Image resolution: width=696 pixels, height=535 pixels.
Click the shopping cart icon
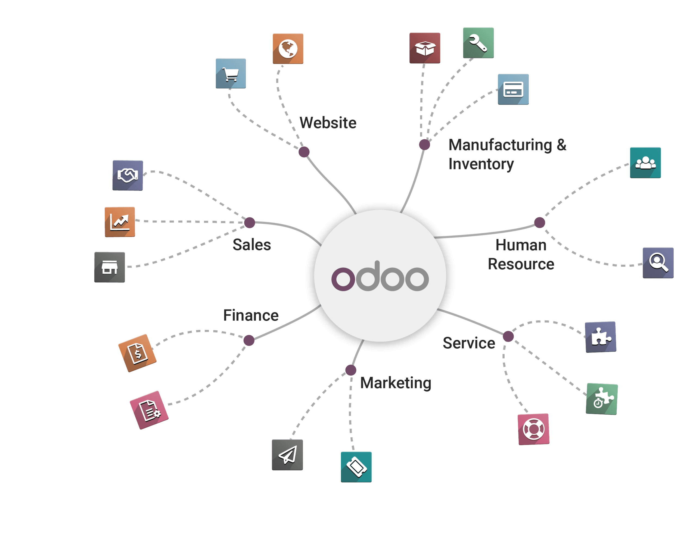[231, 74]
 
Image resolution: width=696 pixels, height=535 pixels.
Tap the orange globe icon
[288, 49]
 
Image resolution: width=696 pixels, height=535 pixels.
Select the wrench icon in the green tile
[478, 43]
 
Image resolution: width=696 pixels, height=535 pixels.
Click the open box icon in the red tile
[425, 48]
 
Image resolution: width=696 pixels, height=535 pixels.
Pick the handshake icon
[128, 176]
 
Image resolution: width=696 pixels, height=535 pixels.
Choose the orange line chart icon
[120, 222]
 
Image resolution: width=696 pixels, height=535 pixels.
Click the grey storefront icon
[110, 267]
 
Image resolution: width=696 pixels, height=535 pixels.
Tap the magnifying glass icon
[658, 263]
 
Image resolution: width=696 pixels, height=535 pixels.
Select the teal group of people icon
[645, 163]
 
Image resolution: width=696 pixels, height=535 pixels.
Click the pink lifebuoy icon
[533, 429]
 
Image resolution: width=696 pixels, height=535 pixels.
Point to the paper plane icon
[287, 455]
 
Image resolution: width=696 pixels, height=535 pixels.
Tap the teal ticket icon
[356, 467]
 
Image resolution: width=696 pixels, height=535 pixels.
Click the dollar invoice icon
[137, 353]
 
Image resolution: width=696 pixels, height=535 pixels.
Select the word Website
[328, 123]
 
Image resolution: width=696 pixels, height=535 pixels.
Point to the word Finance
[251, 315]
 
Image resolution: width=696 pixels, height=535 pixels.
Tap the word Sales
[252, 245]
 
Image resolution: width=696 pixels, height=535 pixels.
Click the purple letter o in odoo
[343, 279]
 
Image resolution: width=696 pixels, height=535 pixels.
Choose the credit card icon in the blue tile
[513, 89]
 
